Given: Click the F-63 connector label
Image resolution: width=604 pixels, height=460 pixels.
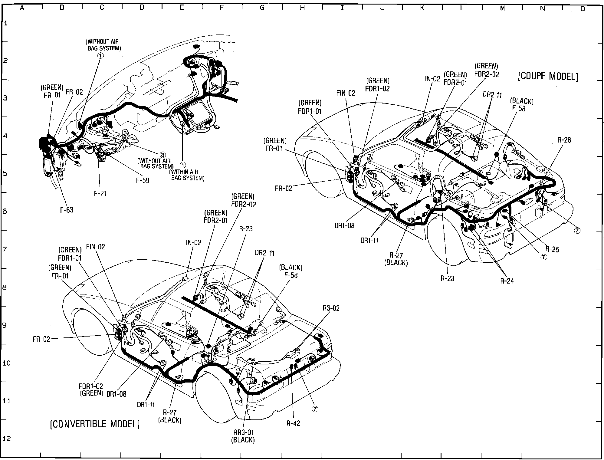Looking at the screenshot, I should (67, 210).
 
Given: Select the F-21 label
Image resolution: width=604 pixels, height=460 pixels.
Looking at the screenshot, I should (100, 194).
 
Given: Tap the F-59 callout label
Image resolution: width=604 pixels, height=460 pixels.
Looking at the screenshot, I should (143, 180).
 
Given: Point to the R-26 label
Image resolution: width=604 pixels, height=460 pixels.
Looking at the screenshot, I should (564, 140).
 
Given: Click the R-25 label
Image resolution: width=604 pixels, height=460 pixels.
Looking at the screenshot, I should (552, 249).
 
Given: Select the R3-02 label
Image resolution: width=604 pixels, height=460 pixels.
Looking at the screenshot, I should (331, 308).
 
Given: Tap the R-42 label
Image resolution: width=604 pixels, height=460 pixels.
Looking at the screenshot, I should (293, 423).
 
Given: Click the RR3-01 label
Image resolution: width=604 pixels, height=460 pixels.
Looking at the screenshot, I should (243, 432).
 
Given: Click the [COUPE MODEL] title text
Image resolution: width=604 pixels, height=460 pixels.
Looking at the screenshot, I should (548, 76).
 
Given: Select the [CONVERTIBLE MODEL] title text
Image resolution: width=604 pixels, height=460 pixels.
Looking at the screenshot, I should (95, 424).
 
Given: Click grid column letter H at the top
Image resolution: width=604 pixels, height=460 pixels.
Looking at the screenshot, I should (302, 8).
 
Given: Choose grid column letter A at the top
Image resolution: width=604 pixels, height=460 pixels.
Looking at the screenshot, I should (22, 8).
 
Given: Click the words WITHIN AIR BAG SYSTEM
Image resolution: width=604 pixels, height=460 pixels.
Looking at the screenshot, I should (188, 175).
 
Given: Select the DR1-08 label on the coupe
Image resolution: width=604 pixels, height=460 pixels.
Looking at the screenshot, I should (344, 225).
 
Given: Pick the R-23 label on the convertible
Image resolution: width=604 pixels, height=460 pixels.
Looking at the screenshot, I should (246, 229).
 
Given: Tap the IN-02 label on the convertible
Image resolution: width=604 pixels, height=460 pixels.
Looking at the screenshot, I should (193, 242).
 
